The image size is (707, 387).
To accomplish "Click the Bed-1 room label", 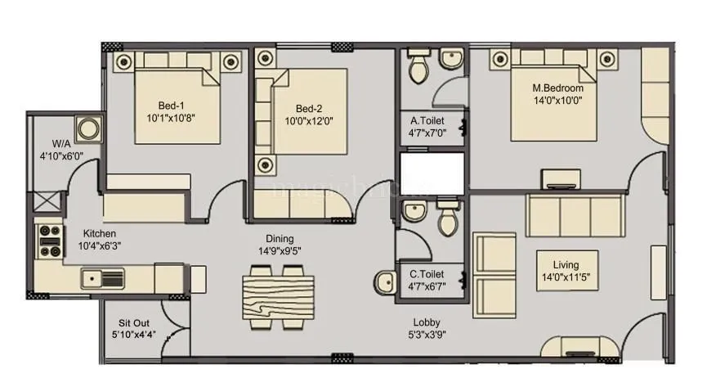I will click(x=171, y=105).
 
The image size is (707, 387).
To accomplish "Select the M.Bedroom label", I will click(x=557, y=88).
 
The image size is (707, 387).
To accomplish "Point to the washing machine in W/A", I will click(x=86, y=128).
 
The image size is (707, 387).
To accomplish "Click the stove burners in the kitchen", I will click(x=50, y=241).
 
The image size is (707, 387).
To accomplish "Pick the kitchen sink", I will click(x=102, y=279).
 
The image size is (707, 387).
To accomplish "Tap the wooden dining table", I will click(x=278, y=294).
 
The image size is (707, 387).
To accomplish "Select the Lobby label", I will click(x=427, y=322).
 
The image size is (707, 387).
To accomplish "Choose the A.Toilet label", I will click(x=426, y=121).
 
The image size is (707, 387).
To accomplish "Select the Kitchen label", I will click(x=98, y=233).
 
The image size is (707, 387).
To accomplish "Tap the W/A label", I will click(x=50, y=142).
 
